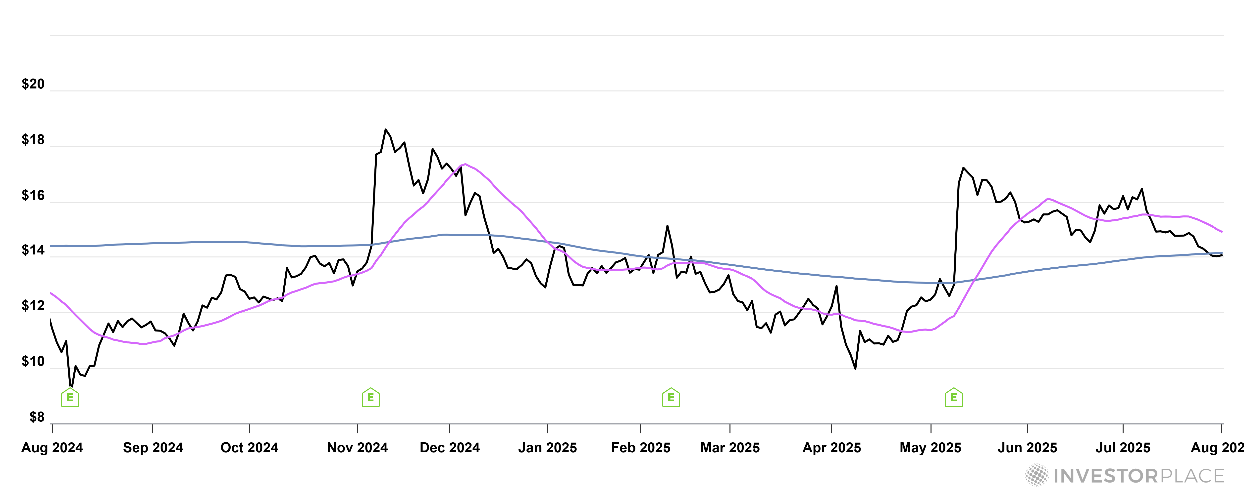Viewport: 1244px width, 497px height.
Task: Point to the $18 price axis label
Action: pyautogui.click(x=33, y=140)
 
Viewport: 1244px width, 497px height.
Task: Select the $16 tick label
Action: pyautogui.click(x=33, y=195)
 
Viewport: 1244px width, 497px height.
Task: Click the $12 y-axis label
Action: pyautogui.click(x=33, y=306)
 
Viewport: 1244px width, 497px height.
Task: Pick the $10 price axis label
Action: pyautogui.click(x=33, y=361)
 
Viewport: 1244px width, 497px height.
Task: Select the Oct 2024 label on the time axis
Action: pyautogui.click(x=249, y=448)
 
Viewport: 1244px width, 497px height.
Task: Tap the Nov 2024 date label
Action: pyautogui.click(x=357, y=448)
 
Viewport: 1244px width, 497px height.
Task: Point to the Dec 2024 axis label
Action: pyautogui.click(x=450, y=448)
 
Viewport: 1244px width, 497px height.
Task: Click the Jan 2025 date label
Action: pyautogui.click(x=548, y=448)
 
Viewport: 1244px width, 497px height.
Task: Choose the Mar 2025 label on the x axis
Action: pyautogui.click(x=730, y=448)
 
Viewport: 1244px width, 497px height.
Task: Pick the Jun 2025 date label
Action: pyautogui.click(x=1027, y=448)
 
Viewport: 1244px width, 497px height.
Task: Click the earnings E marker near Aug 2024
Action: pyautogui.click(x=70, y=398)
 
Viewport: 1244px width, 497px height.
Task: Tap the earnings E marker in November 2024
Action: pyautogui.click(x=370, y=398)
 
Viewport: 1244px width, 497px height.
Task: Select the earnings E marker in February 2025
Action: pyautogui.click(x=671, y=398)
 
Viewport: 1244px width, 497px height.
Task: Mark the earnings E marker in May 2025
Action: pyautogui.click(x=953, y=398)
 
